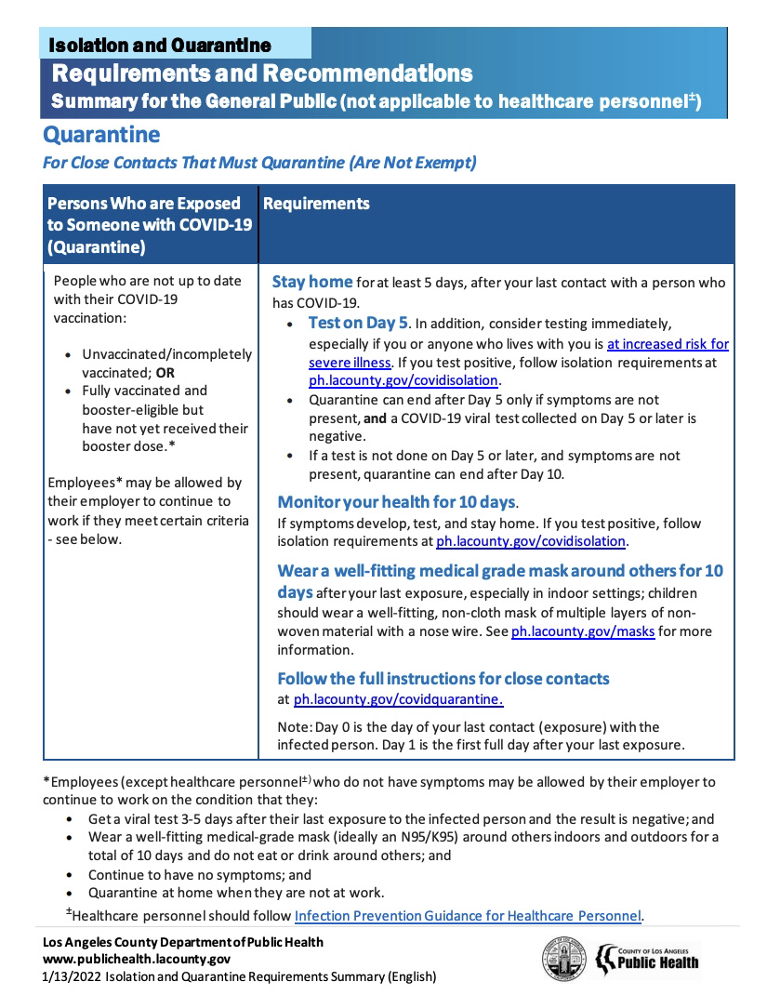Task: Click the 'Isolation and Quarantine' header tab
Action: point(159,45)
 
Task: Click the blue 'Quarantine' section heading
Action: point(101,135)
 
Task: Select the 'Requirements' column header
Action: point(316,204)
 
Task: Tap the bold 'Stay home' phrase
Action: point(311,282)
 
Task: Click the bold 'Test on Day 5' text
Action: point(358,324)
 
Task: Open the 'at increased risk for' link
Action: point(668,343)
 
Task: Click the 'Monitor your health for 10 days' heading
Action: point(396,502)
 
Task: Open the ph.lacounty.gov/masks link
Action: point(583,631)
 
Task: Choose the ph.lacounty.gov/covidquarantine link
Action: point(399,699)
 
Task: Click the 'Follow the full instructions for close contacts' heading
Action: point(443,678)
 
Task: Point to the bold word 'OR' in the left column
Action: point(165,372)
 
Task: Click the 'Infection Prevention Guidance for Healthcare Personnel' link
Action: point(468,916)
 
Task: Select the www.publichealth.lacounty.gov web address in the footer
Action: point(137,960)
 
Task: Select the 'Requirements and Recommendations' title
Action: point(262,73)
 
